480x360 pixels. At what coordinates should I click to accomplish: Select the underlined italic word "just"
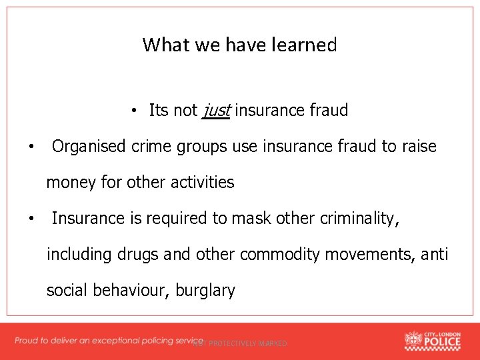(x=215, y=110)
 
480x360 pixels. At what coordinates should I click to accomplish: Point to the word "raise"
(x=418, y=146)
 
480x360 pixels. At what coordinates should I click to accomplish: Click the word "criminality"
(x=355, y=218)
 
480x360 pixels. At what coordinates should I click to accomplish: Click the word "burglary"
(x=205, y=290)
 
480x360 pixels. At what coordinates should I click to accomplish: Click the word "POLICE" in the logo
(x=442, y=343)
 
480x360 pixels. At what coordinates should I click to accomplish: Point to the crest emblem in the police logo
(x=413, y=340)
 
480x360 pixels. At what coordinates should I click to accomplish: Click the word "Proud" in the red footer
(x=27, y=341)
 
